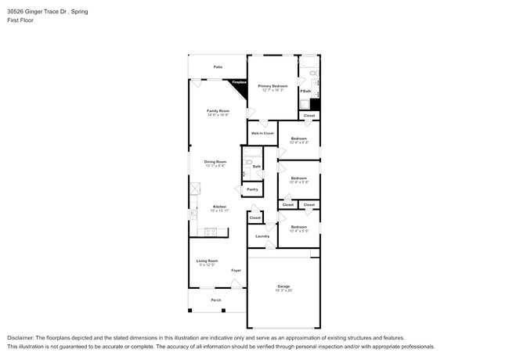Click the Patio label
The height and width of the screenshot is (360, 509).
click(218, 67)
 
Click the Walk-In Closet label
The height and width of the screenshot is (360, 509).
click(262, 133)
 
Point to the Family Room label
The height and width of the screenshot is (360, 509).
click(218, 111)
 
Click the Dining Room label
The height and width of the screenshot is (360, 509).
click(215, 162)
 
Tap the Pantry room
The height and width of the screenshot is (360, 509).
click(252, 189)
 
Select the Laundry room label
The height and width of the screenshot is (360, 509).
click(262, 236)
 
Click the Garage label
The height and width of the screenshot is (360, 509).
click(283, 286)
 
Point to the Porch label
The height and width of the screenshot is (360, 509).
click(215, 301)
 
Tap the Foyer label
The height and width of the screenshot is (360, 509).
click(236, 271)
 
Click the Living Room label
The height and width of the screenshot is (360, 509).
click(208, 261)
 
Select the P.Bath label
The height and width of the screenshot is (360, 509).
click(305, 91)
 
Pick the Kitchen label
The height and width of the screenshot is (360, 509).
click(219, 207)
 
